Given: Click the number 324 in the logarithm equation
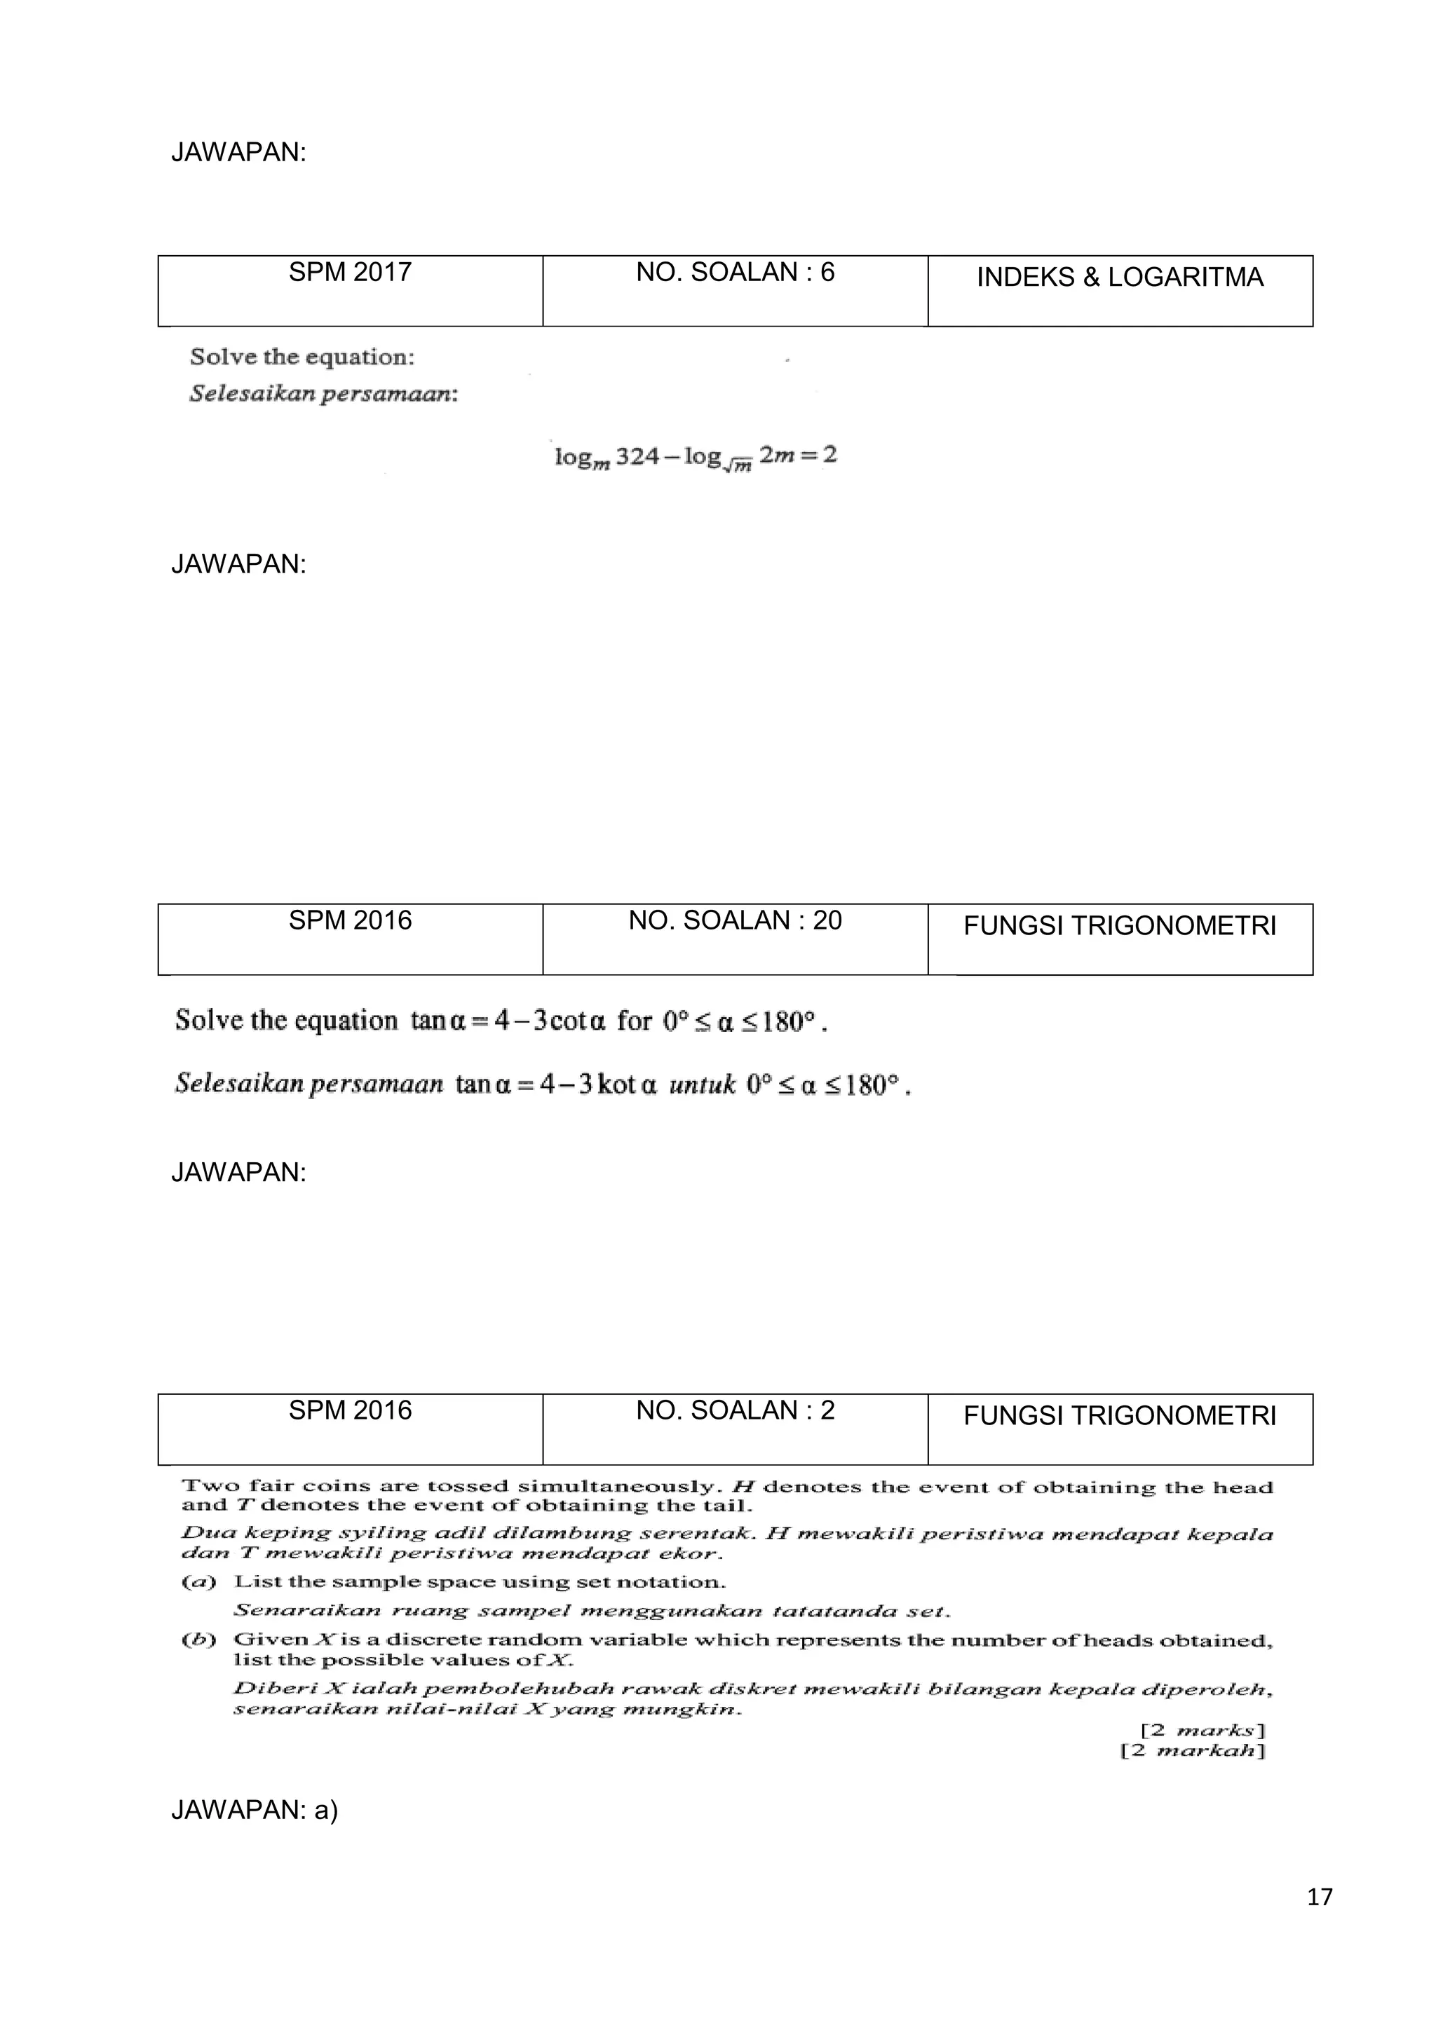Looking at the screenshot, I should (637, 456).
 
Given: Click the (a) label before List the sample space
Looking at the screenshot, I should (199, 1582).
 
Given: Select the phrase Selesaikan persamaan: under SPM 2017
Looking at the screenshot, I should (324, 395).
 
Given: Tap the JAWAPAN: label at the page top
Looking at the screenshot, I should (238, 153).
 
